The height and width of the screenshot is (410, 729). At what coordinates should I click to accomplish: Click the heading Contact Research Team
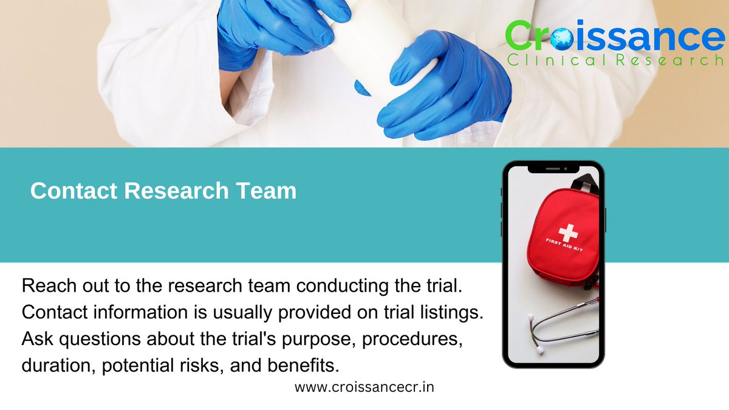[163, 191]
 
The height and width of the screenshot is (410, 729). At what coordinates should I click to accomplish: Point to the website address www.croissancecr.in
[364, 387]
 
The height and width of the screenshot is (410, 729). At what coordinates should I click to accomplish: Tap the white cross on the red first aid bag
[569, 232]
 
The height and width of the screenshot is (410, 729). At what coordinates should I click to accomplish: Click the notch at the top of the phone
[553, 168]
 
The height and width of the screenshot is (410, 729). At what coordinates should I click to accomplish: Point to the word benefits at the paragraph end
[311, 366]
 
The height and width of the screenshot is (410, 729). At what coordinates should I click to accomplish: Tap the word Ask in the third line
[36, 339]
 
